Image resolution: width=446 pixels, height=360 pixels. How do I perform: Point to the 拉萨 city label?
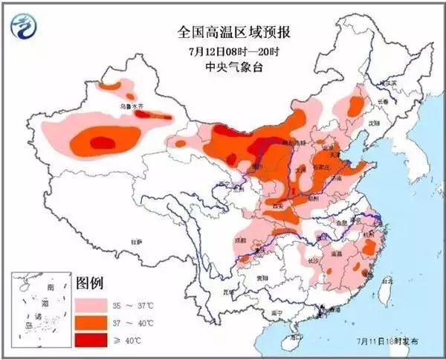(x=135, y=242)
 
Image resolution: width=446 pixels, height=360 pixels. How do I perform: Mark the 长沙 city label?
(x=313, y=260)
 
